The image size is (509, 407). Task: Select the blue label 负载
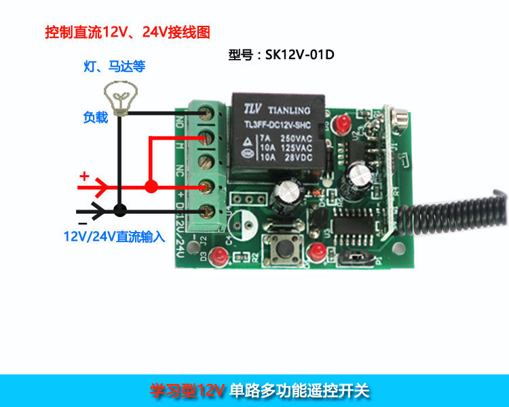95,118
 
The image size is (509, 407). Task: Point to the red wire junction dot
151,185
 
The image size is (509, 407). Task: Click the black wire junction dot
120,210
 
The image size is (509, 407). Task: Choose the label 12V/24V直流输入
114,237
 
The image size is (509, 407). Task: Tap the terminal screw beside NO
207,114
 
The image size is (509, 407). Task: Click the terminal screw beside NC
207,161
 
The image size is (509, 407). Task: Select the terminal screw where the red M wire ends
207,138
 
